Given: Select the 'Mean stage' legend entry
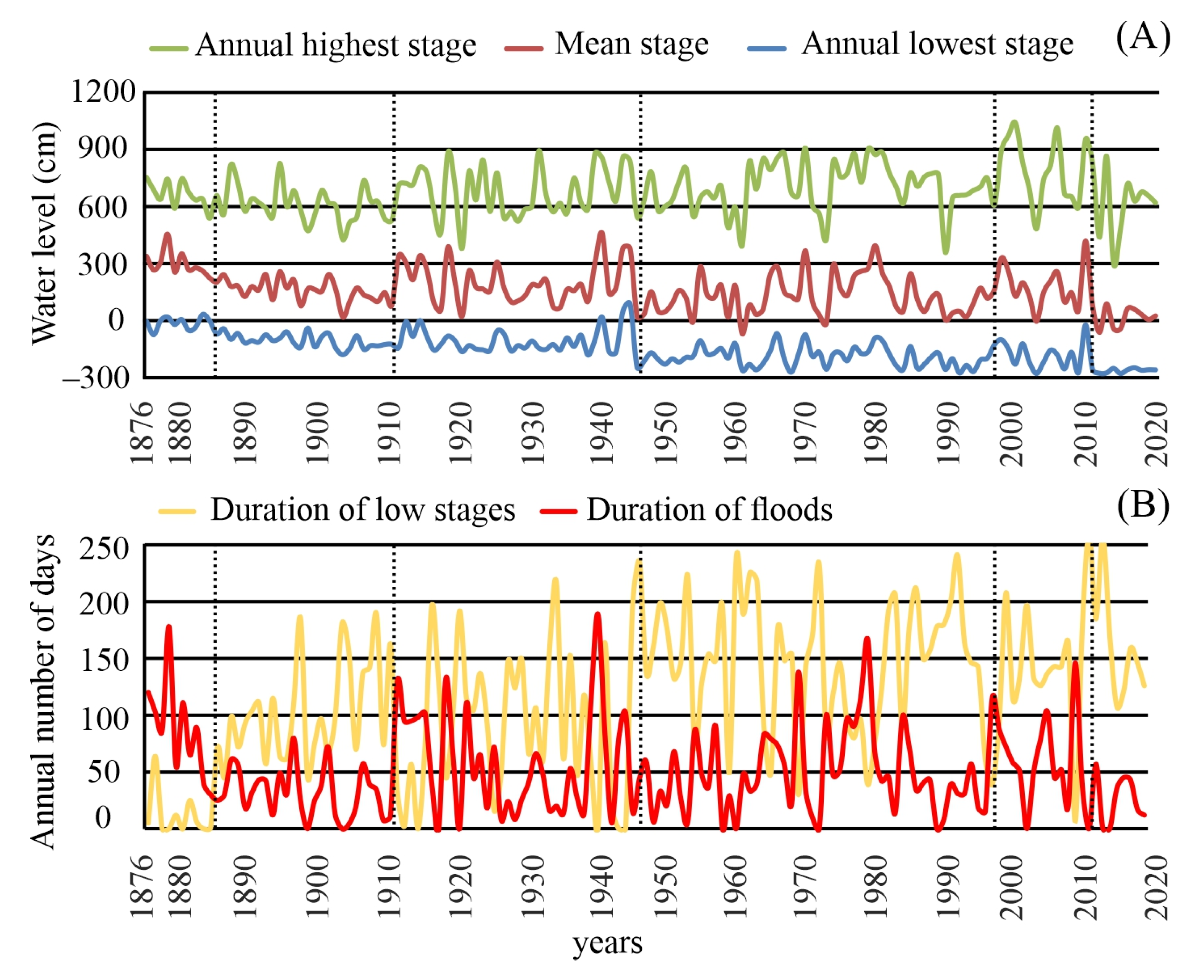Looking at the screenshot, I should pos(631,44).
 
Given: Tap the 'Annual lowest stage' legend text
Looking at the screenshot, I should pos(937,44).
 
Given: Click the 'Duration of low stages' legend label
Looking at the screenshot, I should pos(363,510).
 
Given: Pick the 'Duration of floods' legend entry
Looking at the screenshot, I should pos(709,510).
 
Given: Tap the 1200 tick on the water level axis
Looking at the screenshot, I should pos(103,91).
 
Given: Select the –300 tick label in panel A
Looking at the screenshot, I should pos(96,378).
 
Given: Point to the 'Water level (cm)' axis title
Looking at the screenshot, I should pos(44,233).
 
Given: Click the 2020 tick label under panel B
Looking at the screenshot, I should pos(1156,888).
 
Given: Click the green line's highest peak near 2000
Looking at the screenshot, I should pos(1014,122).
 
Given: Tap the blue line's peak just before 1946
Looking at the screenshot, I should pos(629,303).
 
